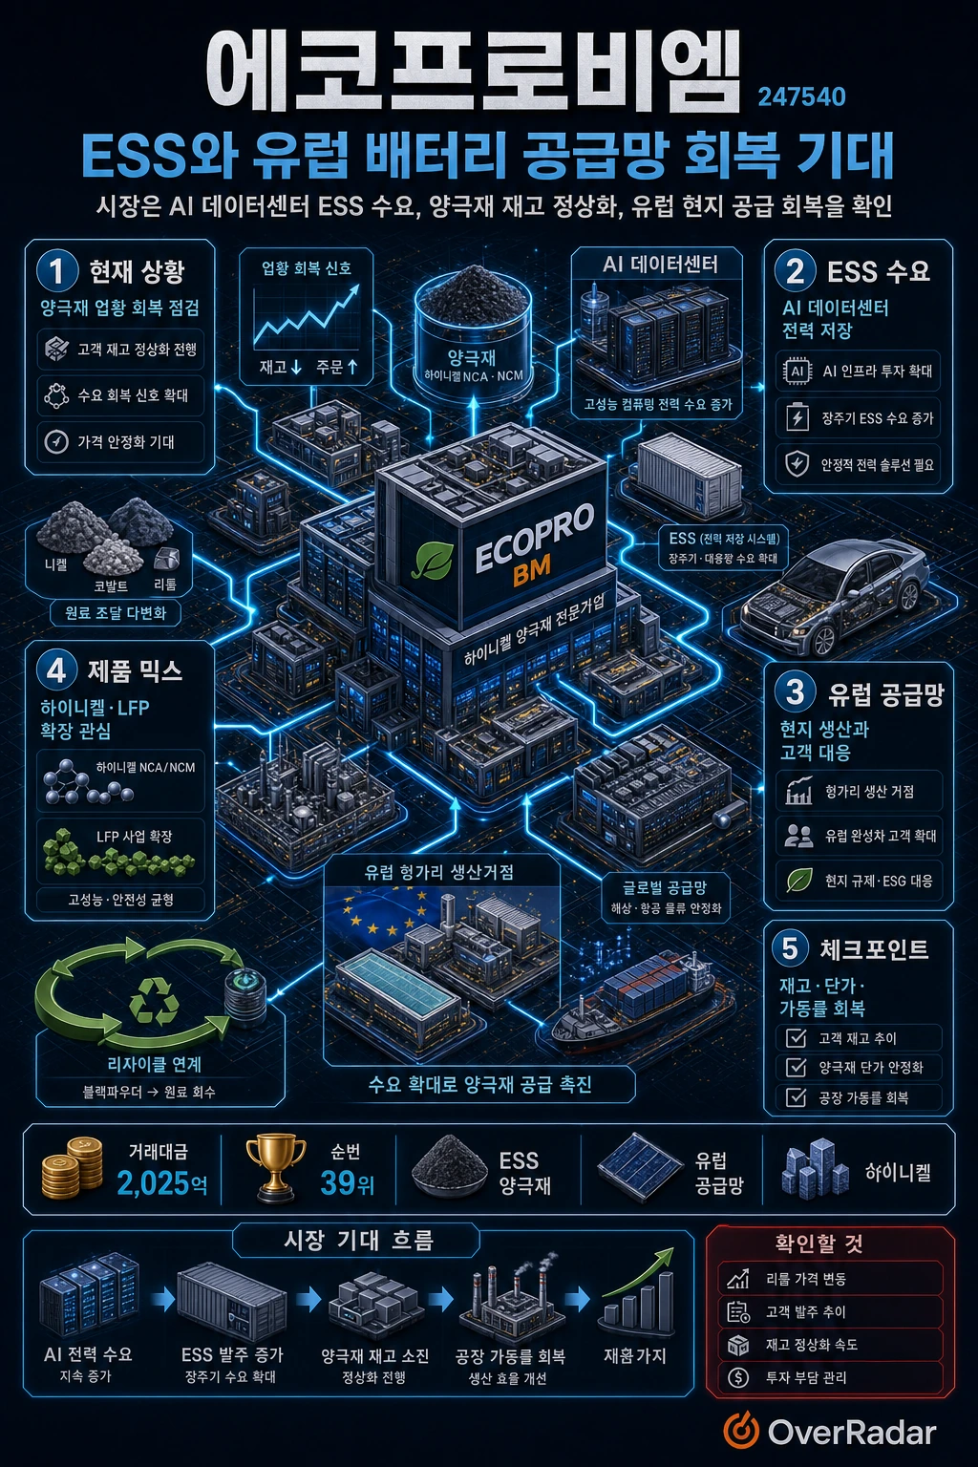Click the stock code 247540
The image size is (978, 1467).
(x=801, y=97)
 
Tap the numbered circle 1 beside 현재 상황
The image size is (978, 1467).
(x=58, y=272)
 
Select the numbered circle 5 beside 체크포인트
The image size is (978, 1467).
(x=791, y=949)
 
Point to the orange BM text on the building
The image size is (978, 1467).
(x=531, y=574)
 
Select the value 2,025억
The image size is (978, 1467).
(x=161, y=1183)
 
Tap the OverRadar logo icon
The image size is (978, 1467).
(x=741, y=1433)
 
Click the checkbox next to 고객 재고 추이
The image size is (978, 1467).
(x=796, y=1038)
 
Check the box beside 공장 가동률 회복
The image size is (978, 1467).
(x=796, y=1097)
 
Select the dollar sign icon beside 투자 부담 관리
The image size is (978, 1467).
(x=738, y=1376)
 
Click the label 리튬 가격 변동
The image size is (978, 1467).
(x=806, y=1278)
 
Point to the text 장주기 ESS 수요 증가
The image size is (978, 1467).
(x=877, y=417)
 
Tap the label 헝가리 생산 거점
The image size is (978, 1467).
(x=869, y=791)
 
